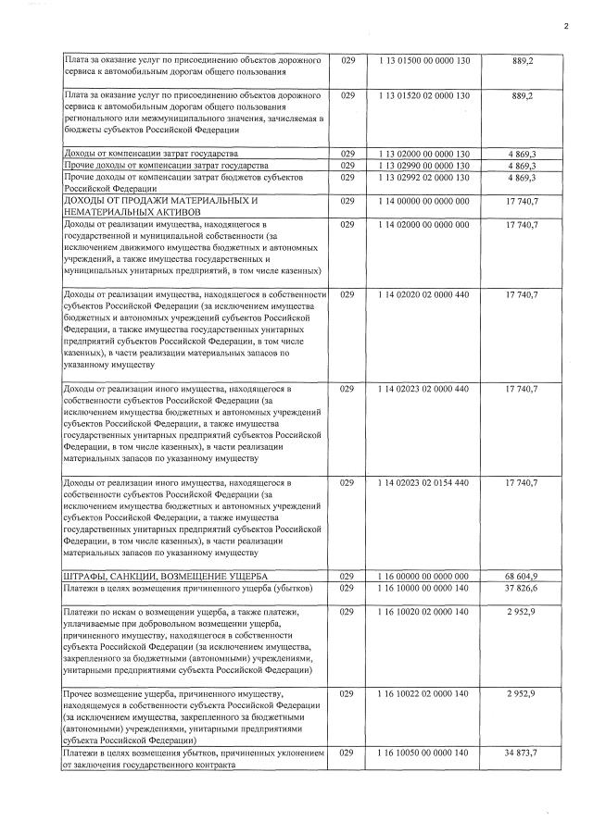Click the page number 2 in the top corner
(565, 27)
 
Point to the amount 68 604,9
(523, 576)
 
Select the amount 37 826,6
(523, 588)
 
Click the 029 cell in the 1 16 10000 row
(347, 588)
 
